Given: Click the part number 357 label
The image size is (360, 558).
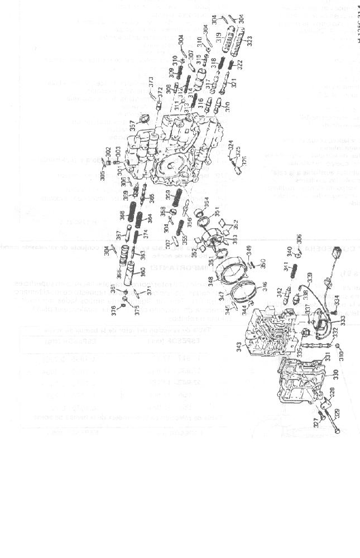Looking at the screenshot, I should pos(133,125).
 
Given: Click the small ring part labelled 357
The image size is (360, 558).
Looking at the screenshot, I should pos(144,118).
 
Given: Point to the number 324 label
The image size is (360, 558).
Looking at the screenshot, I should pos(231,146).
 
